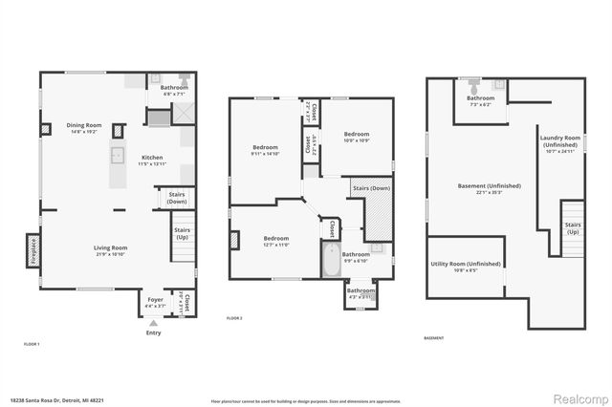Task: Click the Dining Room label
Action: pyautogui.click(x=84, y=126)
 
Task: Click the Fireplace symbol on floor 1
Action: pyautogui.click(x=31, y=250)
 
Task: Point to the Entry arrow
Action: pyautogui.click(x=153, y=323)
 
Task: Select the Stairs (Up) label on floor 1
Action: pyautogui.click(x=182, y=232)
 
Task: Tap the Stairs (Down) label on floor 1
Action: pyautogui.click(x=176, y=198)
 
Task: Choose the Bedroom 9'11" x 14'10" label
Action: pyautogui.click(x=264, y=150)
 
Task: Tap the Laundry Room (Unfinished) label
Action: pyautogui.click(x=560, y=141)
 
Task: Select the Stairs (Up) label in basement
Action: pyautogui.click(x=573, y=226)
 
